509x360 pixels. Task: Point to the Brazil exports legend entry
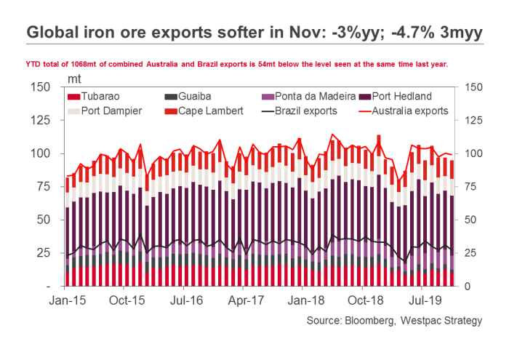click(x=302, y=111)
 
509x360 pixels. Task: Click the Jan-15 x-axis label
click(x=67, y=299)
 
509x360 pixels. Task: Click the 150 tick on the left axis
click(x=41, y=87)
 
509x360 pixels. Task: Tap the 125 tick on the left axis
click(x=41, y=121)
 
